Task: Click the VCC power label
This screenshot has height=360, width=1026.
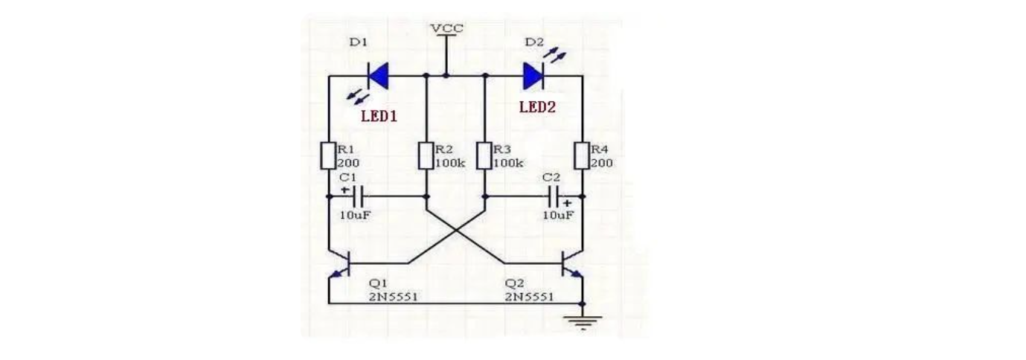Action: coord(446,28)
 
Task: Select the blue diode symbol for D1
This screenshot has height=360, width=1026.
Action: coord(379,75)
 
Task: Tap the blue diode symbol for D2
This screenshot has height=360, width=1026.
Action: coord(533,75)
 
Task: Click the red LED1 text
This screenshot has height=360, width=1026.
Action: coord(379,116)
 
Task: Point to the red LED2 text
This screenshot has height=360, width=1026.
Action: coord(537,107)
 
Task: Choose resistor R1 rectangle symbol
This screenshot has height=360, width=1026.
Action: coord(328,155)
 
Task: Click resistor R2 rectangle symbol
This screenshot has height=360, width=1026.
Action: coord(426,155)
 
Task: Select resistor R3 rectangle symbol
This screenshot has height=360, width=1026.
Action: coord(484,155)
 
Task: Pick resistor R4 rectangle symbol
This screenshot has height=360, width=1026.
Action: coord(582,155)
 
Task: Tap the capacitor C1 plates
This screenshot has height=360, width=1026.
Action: coord(359,197)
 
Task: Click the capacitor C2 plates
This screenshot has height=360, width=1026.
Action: coord(553,197)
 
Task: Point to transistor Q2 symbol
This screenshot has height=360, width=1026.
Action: coord(571,264)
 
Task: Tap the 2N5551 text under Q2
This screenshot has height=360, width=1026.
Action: coord(529,296)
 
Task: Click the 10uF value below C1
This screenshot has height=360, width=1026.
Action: coord(355,215)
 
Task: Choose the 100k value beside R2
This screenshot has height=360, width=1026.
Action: coord(450,163)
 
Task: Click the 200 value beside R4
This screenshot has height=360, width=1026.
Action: coord(601,163)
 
